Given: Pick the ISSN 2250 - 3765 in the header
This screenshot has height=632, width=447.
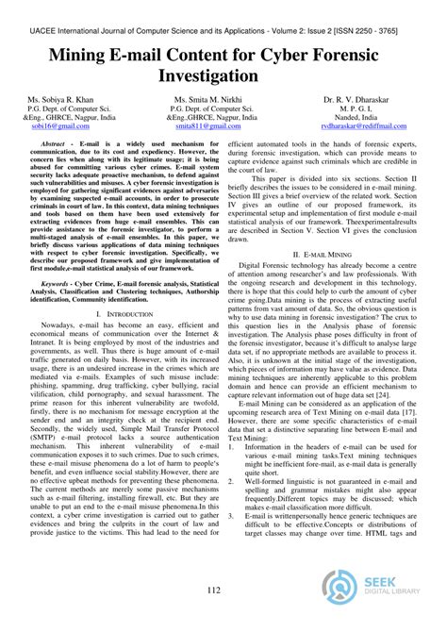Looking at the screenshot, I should point(381,9).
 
